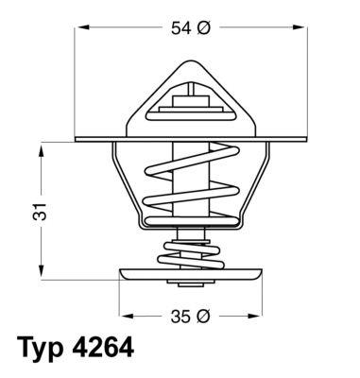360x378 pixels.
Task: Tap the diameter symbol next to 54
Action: click(x=202, y=28)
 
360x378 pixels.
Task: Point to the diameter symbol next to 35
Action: click(x=202, y=315)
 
